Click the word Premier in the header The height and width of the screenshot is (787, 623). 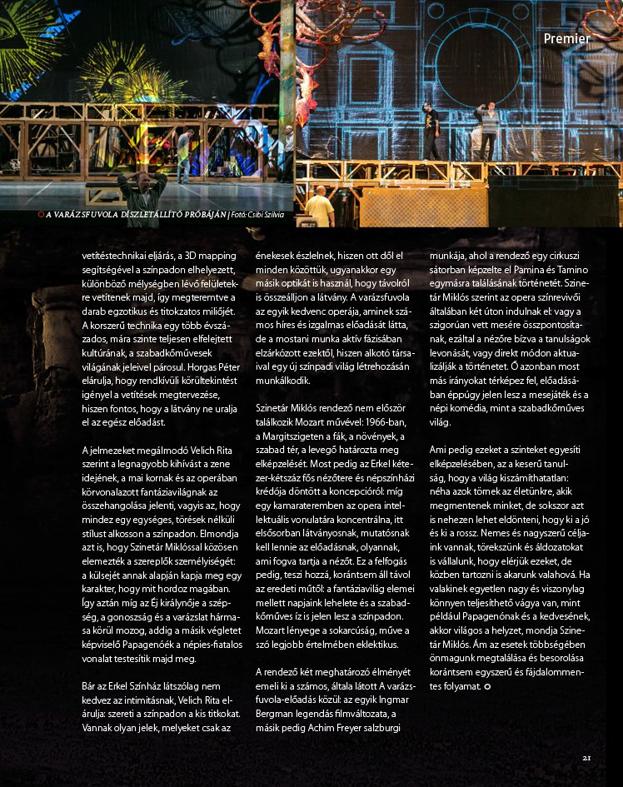(566, 38)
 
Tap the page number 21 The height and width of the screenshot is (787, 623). (586, 757)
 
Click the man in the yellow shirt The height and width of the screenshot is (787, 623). (318, 206)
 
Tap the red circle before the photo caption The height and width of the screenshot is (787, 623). (41, 215)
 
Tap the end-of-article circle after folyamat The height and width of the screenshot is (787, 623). (487, 685)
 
